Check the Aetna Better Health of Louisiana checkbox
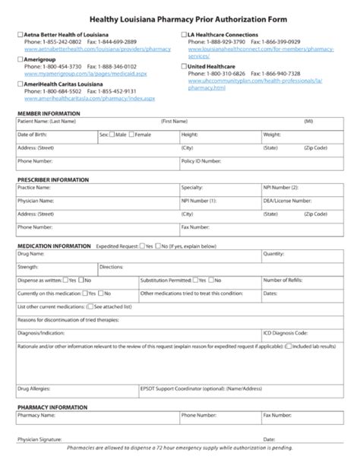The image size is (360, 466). tap(20, 35)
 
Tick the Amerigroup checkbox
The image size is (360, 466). tap(20, 59)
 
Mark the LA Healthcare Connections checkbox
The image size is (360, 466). tap(183, 35)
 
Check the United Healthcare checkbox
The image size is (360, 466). tap(183, 66)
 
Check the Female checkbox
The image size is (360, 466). tap(132, 134)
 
